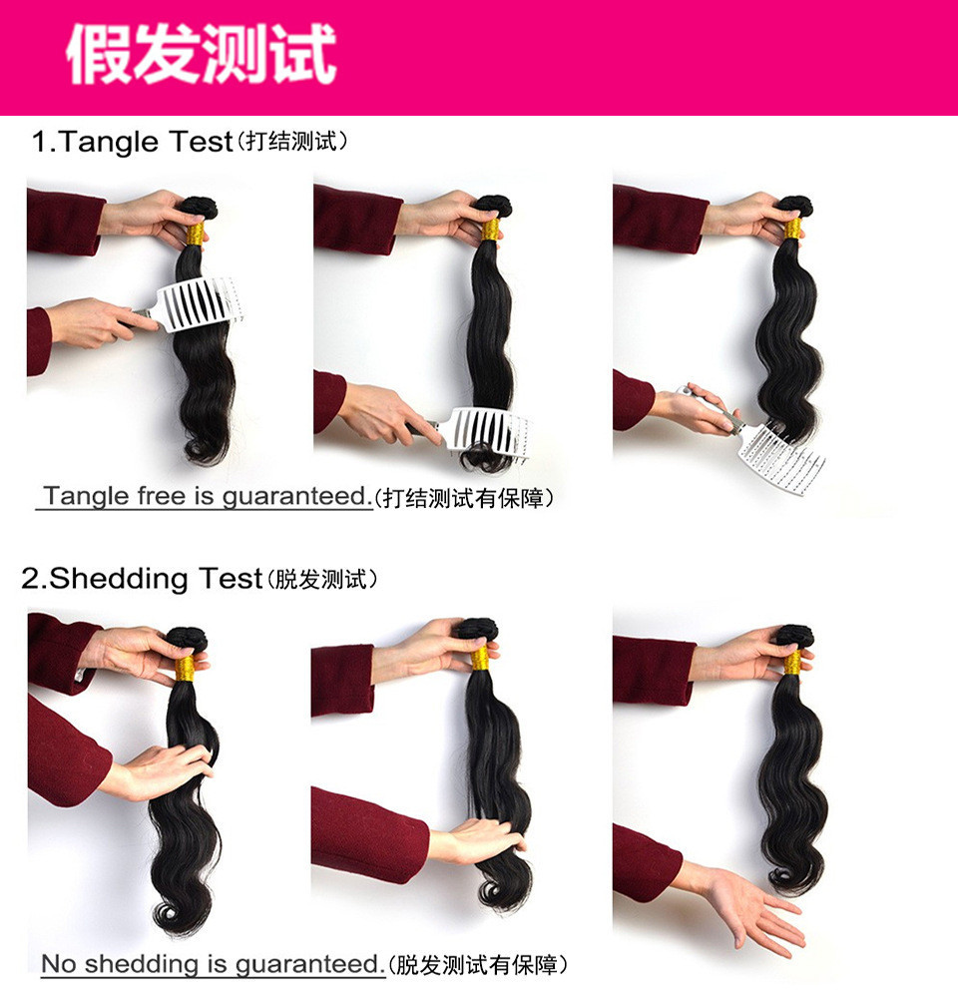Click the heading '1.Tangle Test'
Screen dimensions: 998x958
coord(133,142)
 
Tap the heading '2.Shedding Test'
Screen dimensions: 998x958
coord(142,578)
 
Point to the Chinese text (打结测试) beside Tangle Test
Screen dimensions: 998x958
coord(291,143)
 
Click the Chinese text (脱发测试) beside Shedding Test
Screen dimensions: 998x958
coord(322,579)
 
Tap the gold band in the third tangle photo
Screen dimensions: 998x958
coord(792,229)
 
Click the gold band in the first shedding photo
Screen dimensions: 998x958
coord(185,668)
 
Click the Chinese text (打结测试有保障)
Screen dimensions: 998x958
coord(464,497)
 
